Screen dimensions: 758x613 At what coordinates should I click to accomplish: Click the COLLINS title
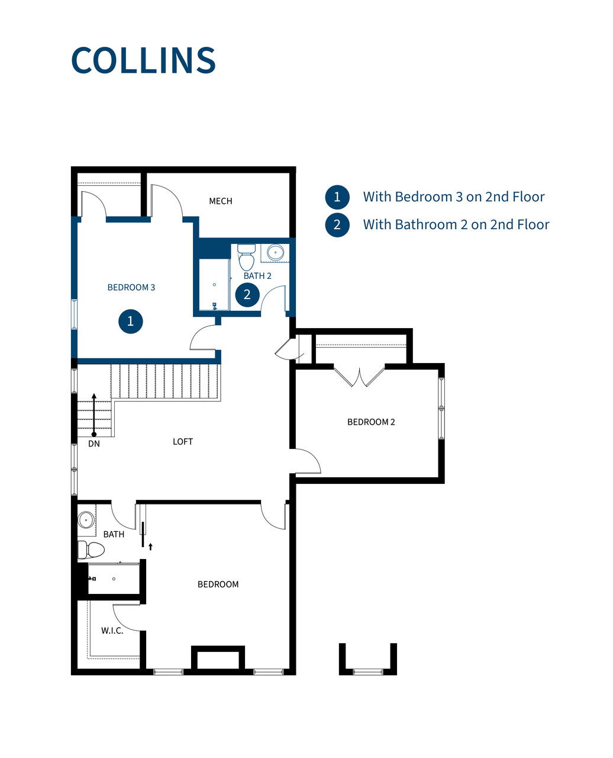pyautogui.click(x=143, y=60)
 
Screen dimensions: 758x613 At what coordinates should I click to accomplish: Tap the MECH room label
pyautogui.click(x=221, y=201)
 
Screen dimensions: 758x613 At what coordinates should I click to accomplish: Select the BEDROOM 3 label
pyautogui.click(x=131, y=287)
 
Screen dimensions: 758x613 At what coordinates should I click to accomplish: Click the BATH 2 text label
pyautogui.click(x=257, y=276)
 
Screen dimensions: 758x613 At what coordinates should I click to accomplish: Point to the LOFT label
pyautogui.click(x=183, y=442)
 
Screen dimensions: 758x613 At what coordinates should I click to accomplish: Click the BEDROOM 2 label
pyautogui.click(x=371, y=422)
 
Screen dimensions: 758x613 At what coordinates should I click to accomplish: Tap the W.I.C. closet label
pyautogui.click(x=112, y=631)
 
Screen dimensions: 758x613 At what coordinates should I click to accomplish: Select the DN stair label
pyautogui.click(x=94, y=444)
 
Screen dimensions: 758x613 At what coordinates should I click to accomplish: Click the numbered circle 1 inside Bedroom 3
pyautogui.click(x=131, y=322)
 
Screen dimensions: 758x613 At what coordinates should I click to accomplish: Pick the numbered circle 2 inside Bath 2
pyautogui.click(x=247, y=294)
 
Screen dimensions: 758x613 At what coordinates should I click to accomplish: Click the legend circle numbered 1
pyautogui.click(x=337, y=197)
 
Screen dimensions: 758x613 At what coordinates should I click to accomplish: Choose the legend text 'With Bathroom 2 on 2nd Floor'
pyautogui.click(x=456, y=224)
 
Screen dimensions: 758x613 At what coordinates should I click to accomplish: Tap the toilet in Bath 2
pyautogui.click(x=247, y=257)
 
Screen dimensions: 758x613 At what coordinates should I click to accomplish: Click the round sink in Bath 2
pyautogui.click(x=275, y=253)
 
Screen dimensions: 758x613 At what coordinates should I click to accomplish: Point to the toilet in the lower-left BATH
pyautogui.click(x=91, y=550)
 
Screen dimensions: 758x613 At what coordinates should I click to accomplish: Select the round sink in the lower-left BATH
pyautogui.click(x=86, y=521)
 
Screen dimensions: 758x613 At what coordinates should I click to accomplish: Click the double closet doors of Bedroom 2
pyautogui.click(x=359, y=377)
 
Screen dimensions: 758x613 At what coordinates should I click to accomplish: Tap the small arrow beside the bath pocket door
pyautogui.click(x=151, y=547)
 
